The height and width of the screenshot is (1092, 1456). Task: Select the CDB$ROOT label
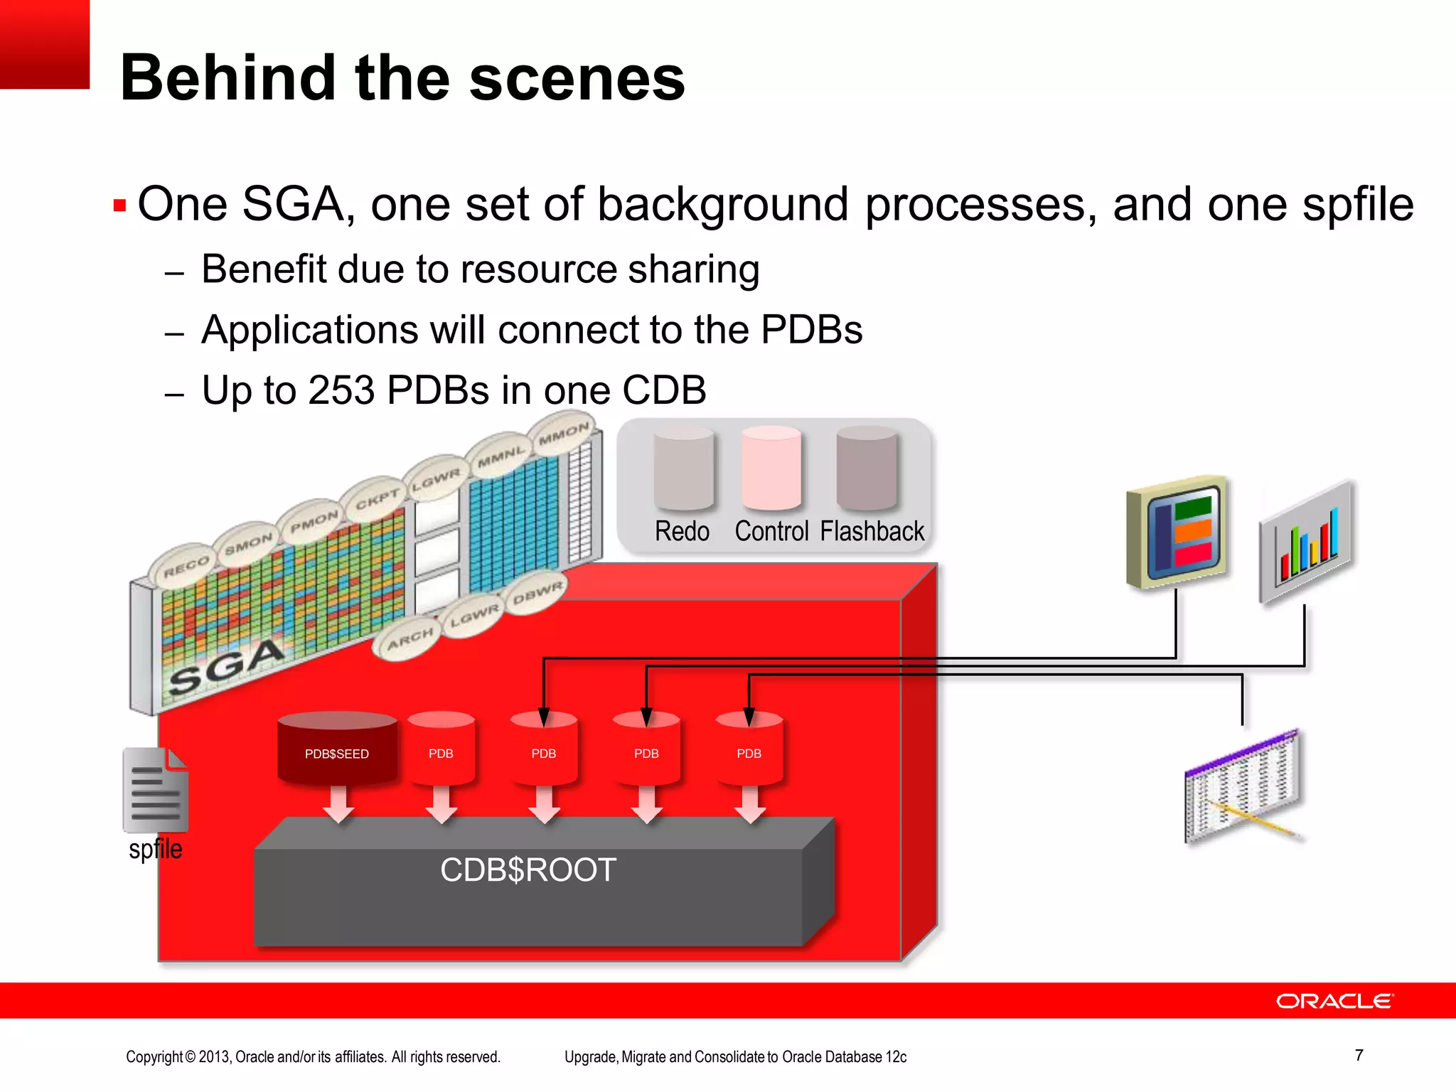point(528,870)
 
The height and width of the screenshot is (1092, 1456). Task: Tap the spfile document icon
point(156,790)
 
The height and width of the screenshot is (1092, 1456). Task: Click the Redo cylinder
point(683,469)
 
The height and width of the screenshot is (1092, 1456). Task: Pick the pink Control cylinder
point(771,469)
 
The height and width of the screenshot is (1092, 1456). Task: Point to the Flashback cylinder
point(867,469)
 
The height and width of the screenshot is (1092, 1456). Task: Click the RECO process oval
point(186,567)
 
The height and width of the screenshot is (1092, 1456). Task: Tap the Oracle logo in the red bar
point(1334,1001)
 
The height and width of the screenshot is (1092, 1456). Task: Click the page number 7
point(1359,1055)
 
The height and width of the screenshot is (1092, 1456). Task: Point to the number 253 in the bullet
point(341,390)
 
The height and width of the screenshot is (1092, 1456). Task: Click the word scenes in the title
point(577,78)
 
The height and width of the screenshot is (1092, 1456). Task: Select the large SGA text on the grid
point(226,666)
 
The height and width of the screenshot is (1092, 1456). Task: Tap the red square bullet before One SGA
point(119,206)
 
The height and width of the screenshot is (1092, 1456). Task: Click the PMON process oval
point(314,522)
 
